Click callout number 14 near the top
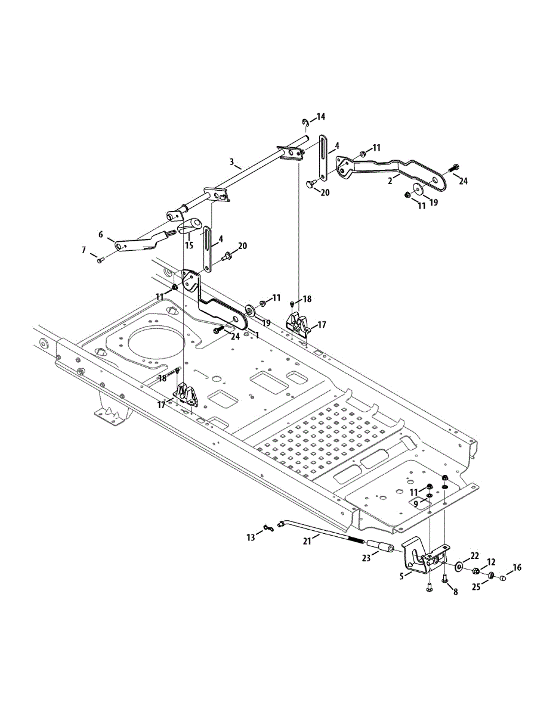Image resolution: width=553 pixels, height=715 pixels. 321,116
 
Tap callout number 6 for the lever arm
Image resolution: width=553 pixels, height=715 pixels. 101,235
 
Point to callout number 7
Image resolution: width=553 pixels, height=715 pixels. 84,250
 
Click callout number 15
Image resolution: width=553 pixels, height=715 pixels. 189,245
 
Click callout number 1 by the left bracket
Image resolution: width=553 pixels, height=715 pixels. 257,335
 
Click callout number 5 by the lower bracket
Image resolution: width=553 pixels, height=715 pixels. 402,576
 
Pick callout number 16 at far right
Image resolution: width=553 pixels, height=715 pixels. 517,567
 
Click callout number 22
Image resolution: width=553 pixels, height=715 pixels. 475,555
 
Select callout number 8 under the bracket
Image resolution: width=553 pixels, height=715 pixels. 456,592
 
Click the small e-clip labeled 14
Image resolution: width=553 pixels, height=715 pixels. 305,123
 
